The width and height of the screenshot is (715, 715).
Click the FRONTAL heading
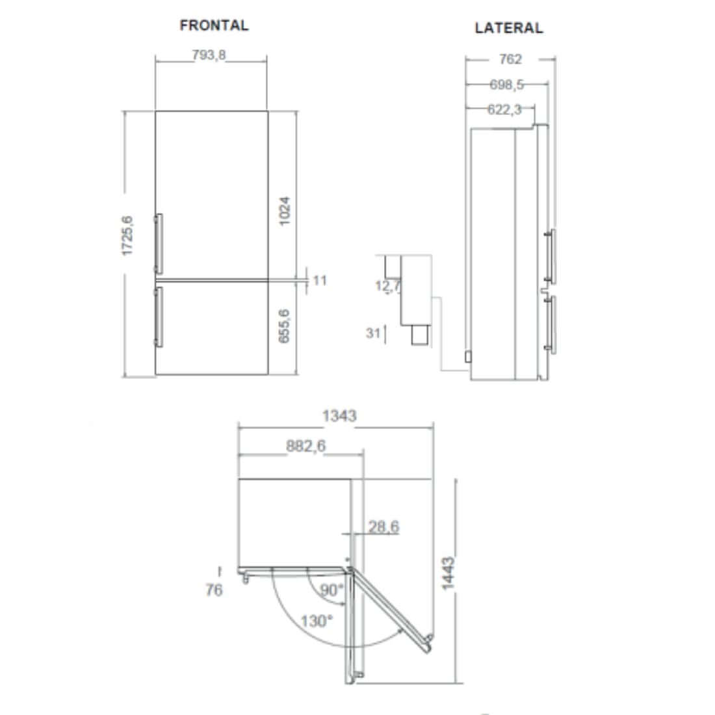tap(214, 25)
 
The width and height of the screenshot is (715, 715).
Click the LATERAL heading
tap(508, 28)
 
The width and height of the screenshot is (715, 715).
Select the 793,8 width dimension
tap(209, 55)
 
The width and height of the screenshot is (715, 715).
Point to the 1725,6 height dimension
tap(127, 235)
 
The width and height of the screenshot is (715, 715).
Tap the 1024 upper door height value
tap(285, 211)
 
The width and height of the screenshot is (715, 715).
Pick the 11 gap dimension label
tap(320, 280)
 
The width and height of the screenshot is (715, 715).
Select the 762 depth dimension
tap(510, 59)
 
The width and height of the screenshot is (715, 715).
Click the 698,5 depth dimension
tap(506, 84)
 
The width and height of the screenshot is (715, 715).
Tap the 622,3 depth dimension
tap(504, 110)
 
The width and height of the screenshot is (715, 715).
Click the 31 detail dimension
tap(373, 333)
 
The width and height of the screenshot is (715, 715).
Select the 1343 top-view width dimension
tap(339, 415)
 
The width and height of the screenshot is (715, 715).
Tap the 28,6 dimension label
tap(383, 526)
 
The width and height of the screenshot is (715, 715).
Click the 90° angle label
tap(331, 591)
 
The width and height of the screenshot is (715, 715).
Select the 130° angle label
tap(317, 621)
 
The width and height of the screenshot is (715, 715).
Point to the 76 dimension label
tap(214, 590)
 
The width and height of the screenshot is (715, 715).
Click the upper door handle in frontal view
tap(158, 243)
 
